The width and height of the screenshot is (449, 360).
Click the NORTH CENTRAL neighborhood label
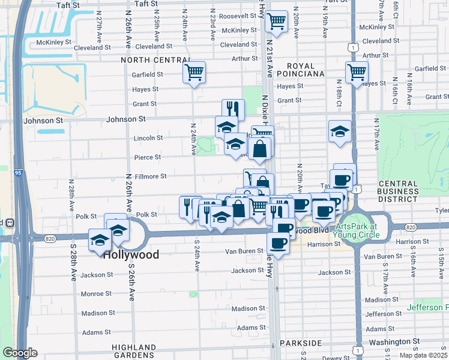point(155,60)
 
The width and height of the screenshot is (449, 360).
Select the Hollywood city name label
point(131,255)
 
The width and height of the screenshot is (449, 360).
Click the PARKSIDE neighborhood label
point(303,343)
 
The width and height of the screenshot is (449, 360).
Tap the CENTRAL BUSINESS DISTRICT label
point(398,191)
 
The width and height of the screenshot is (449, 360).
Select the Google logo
point(20,353)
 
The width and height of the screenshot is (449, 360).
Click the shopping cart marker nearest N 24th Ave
point(194,73)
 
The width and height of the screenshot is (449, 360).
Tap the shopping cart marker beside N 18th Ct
point(357,73)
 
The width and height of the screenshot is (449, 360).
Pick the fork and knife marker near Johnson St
point(233,110)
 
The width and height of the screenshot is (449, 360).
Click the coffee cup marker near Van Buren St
point(278,243)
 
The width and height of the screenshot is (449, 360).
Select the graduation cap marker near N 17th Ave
point(340,131)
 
